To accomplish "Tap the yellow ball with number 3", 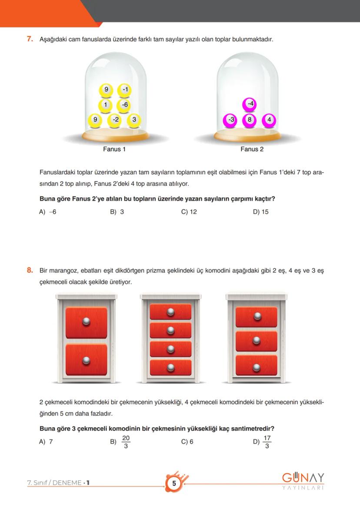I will pos(134,120).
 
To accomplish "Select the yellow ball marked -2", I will pos(115,120).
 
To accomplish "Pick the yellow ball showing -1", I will pos(125,90).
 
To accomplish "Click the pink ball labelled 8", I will pos(249,120).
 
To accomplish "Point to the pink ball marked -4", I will pos(250,104).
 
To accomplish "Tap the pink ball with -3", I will pos(230,120).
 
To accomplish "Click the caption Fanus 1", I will pos(114,149).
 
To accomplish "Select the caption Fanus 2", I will pos(252,149).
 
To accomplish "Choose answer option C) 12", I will pos(189,212).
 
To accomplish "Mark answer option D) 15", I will pos(260,212).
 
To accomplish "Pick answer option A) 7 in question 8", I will pos(46,441).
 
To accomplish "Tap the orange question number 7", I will pos(30,39).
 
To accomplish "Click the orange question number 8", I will pos(30,270).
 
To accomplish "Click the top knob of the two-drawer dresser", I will pos(86,321).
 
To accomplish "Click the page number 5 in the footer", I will pos(174,484).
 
